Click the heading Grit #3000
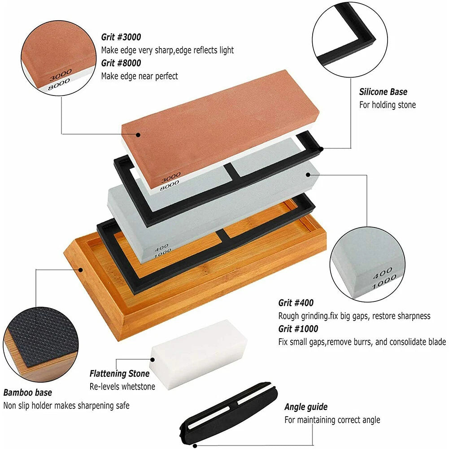121,37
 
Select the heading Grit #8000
121,63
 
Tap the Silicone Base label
383,92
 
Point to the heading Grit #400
296,303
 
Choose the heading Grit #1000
298,328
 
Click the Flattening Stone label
119,373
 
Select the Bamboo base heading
28,392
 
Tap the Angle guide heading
306,407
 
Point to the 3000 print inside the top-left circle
61,75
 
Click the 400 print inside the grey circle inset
382,273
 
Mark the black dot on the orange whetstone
138,135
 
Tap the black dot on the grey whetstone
308,174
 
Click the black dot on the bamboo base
81,270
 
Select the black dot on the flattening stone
153,360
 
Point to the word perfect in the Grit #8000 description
166,76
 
